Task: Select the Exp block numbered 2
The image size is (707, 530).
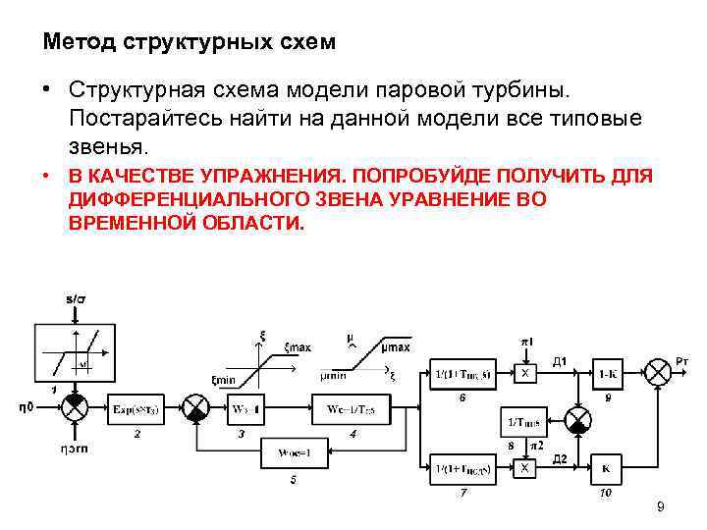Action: (137, 406)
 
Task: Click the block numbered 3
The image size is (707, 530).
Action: (244, 406)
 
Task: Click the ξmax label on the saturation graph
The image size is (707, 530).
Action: (297, 347)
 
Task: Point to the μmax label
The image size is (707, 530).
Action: (396, 347)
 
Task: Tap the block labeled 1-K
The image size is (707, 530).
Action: (607, 373)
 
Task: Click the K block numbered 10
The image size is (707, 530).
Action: (605, 468)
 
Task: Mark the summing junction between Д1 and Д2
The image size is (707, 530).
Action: (578, 420)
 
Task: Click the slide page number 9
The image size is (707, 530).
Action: (660, 506)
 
